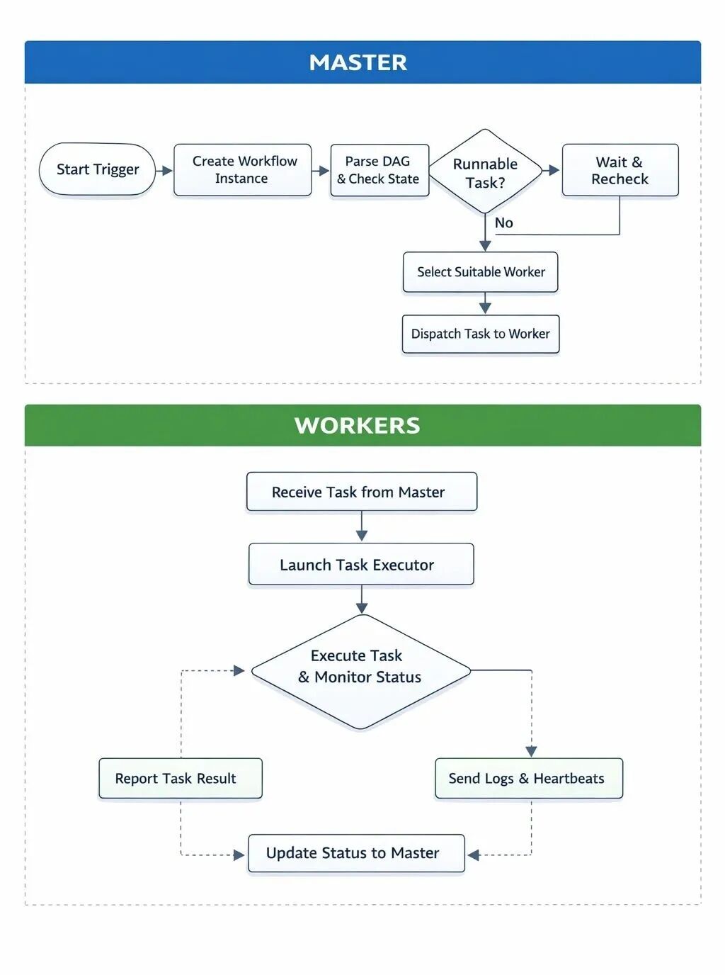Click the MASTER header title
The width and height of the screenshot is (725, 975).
[358, 62]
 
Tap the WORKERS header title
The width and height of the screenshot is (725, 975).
[358, 425]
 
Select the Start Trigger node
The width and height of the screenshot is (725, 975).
[97, 169]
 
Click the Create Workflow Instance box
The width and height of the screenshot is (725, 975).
[243, 169]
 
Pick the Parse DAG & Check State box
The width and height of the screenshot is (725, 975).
[379, 170]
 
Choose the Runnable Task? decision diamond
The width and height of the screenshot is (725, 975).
[485, 171]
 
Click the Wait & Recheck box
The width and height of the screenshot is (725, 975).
[620, 170]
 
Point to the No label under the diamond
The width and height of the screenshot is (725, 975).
[503, 223]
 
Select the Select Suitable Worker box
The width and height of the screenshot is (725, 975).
[480, 272]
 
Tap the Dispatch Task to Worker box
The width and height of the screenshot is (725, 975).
[481, 334]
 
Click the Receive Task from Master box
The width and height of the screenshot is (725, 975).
[362, 492]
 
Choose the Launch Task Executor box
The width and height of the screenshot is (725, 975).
[361, 565]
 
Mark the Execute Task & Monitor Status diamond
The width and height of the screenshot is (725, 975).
[361, 672]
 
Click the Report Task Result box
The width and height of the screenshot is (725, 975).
[181, 779]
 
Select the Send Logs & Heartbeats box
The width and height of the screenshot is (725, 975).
[529, 779]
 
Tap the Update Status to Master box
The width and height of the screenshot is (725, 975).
[356, 853]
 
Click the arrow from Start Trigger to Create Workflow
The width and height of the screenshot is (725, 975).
[164, 171]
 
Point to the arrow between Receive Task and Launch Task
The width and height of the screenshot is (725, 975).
[362, 526]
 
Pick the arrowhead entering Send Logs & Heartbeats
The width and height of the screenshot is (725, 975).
[531, 752]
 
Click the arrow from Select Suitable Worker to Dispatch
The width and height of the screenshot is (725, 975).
[485, 303]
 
